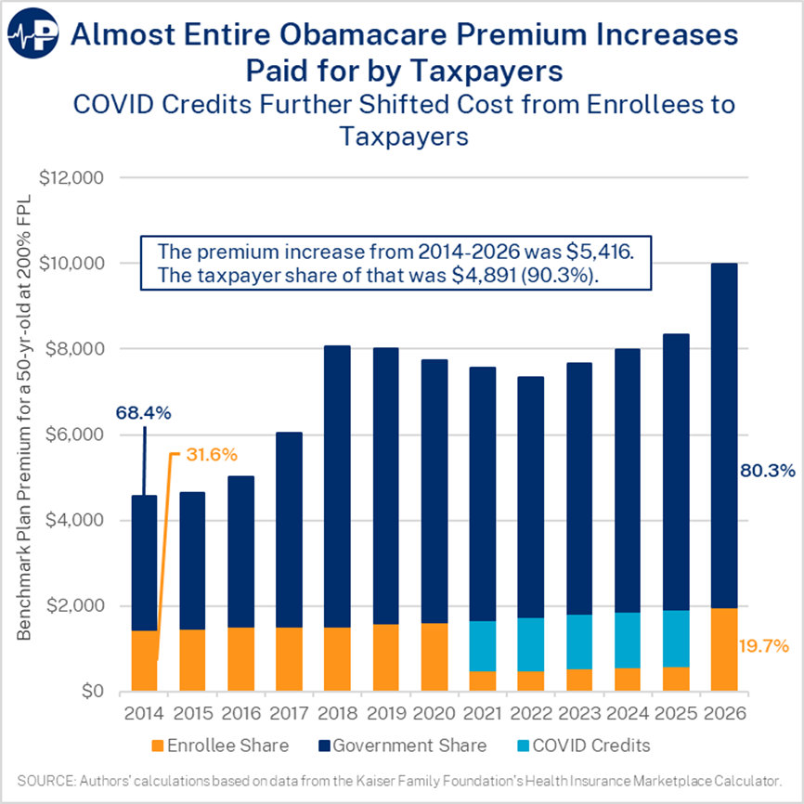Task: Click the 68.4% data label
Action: [144, 411]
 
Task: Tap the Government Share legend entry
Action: [407, 746]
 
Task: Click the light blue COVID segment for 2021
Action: [483, 645]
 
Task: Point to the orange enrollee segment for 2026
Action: [724, 649]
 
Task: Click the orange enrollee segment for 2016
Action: [240, 658]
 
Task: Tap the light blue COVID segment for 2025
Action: [676, 639]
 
